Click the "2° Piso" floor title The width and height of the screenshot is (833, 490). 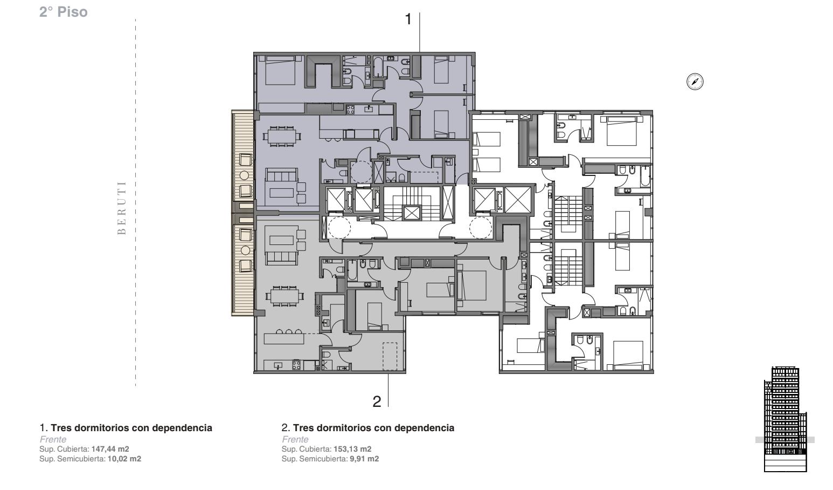(x=64, y=12)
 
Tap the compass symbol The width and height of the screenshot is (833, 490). (x=695, y=81)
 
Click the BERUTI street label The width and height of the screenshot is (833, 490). (x=122, y=208)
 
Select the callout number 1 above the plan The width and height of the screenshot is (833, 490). (x=408, y=19)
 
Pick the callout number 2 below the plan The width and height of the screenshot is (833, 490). (x=377, y=401)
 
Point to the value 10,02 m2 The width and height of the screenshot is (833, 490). (x=124, y=459)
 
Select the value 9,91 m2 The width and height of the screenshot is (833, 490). (x=364, y=459)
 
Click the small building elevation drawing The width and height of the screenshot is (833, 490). (x=786, y=419)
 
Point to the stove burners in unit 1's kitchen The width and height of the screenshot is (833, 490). (x=351, y=110)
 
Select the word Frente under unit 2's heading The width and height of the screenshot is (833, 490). (x=295, y=439)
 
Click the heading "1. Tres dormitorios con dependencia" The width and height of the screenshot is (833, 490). (x=126, y=428)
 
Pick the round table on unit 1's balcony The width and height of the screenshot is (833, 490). (x=244, y=175)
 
